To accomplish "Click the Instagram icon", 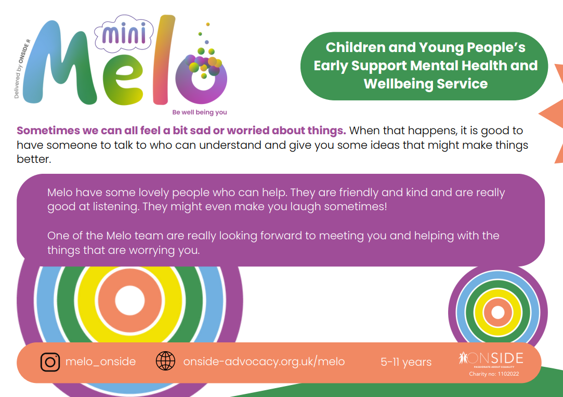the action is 50,362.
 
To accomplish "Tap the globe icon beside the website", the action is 165,361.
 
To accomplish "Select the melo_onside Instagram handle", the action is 100,362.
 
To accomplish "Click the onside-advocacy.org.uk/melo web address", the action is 264,362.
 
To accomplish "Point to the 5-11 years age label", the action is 406,362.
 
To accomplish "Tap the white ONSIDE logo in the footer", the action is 491,358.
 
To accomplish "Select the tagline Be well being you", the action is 200,112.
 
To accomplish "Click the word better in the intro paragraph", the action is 34,159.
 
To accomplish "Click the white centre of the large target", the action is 130,300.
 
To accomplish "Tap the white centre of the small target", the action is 497,312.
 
